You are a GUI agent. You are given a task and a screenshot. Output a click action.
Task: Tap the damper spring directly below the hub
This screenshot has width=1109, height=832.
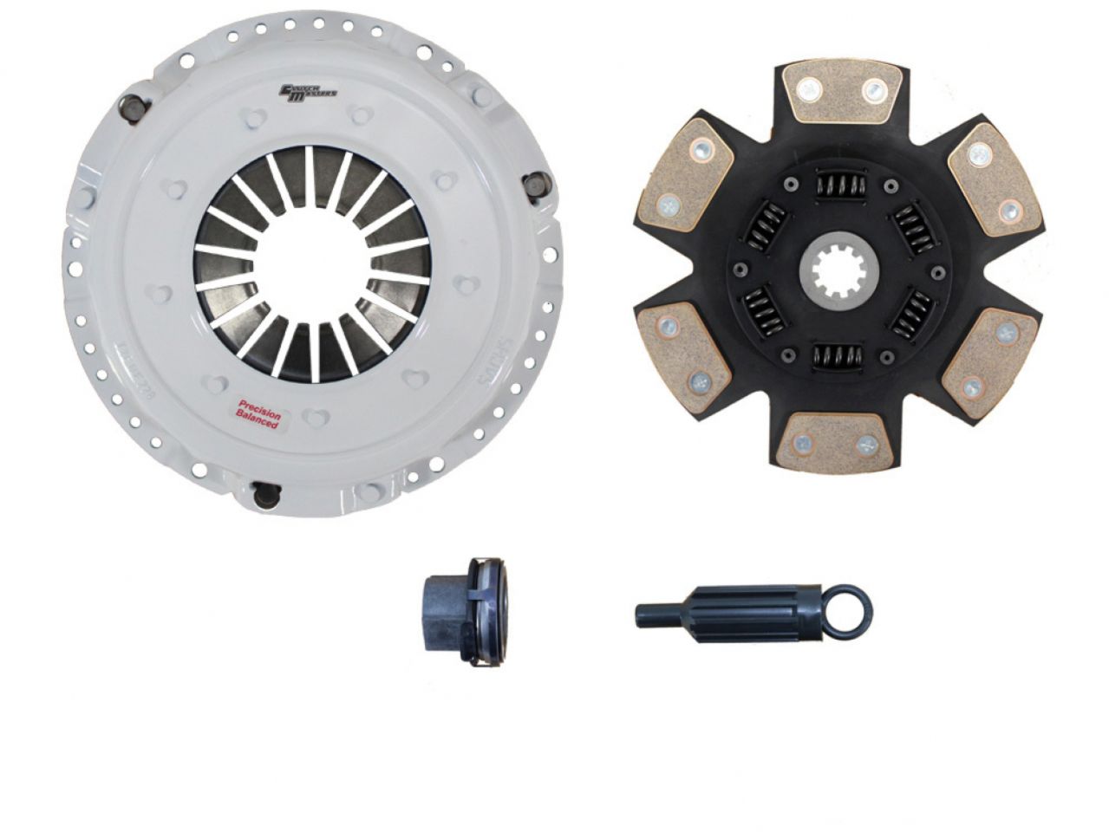pyautogui.click(x=838, y=351)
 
